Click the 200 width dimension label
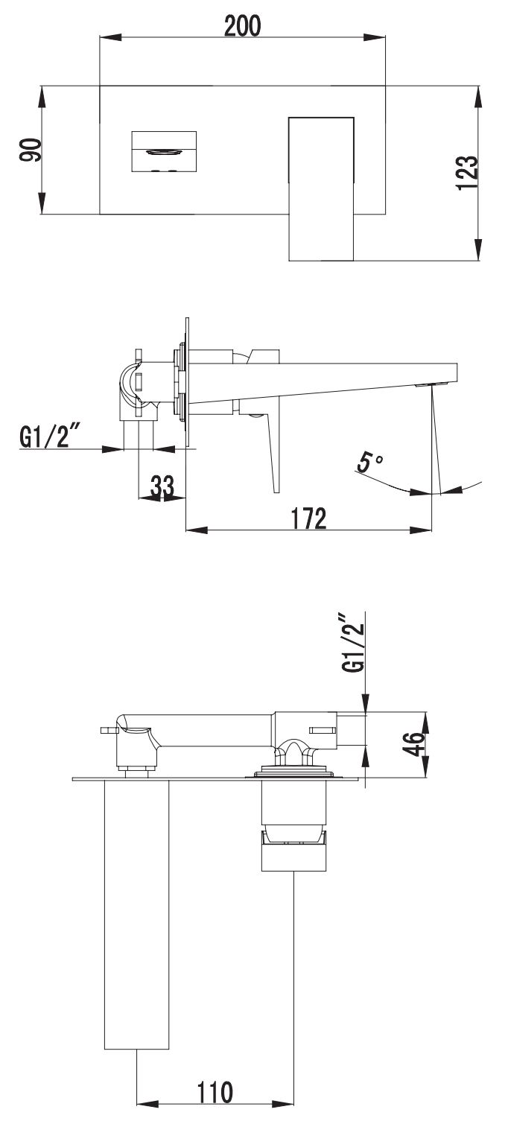tap(242, 26)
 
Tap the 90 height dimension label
tap(31, 150)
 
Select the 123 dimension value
tap(467, 173)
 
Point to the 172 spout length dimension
tap(308, 518)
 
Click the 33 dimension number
tap(162, 486)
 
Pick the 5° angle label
tap(369, 461)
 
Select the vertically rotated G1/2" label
tap(352, 643)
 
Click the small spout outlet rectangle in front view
tap(163, 151)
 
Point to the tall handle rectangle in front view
tap(322, 188)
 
